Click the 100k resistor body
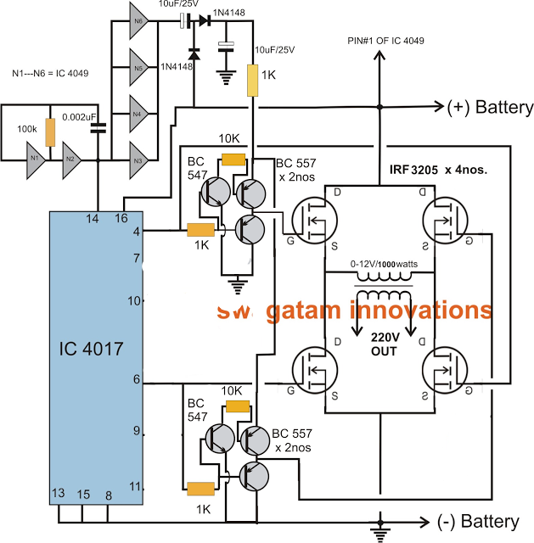click(x=50, y=132)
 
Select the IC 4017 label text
click(x=93, y=348)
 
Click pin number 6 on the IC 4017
click(x=136, y=381)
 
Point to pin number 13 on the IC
click(x=59, y=494)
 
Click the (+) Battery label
click(x=491, y=108)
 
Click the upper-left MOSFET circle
click(x=314, y=222)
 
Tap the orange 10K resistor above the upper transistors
click(x=233, y=159)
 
